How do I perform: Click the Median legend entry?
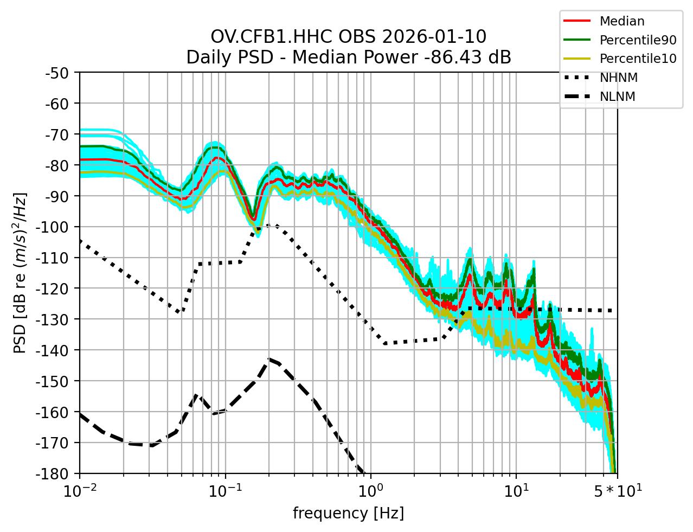point(621,22)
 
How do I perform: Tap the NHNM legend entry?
point(618,78)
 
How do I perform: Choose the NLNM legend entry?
point(618,97)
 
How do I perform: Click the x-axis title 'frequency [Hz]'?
point(348,513)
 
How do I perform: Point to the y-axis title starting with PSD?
point(20,272)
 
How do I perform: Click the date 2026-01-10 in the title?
point(434,37)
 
